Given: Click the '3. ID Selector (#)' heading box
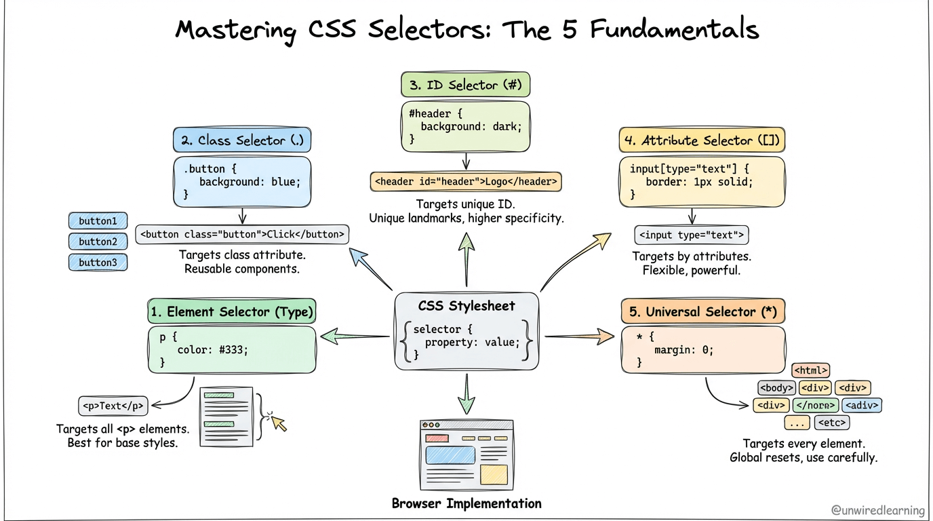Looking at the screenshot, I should click(x=466, y=85).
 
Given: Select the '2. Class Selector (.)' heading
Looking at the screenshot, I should click(x=242, y=140).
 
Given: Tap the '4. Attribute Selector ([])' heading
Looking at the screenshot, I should click(x=702, y=140).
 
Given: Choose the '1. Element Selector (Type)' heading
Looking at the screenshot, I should click(x=232, y=311).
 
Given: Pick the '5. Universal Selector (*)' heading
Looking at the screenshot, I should click(x=703, y=311).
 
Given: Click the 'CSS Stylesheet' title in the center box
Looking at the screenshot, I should click(x=466, y=305).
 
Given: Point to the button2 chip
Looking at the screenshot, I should click(x=98, y=242).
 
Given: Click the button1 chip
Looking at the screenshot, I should click(x=98, y=221).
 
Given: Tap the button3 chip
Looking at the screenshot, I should click(x=98, y=263).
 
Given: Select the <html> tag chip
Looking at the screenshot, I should click(x=810, y=370).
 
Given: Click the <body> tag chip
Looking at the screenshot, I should click(x=776, y=388).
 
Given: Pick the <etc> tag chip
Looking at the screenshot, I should click(x=831, y=423).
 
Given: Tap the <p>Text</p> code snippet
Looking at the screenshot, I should click(x=113, y=406).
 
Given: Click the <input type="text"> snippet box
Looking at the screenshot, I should click(x=692, y=235).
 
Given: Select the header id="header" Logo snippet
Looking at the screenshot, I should click(x=466, y=182).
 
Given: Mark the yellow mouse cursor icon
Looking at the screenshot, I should click(x=278, y=423).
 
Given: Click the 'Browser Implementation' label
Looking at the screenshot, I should click(x=466, y=503).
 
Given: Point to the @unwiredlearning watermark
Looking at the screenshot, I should click(x=877, y=510).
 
